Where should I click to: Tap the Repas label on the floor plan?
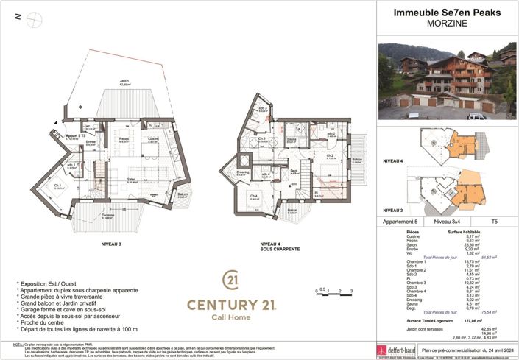point(124,138)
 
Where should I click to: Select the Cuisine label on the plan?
point(154,138)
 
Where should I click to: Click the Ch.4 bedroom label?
point(253,196)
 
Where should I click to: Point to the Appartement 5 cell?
point(400,221)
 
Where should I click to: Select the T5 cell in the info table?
point(494,221)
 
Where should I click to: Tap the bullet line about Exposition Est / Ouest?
point(50,283)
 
